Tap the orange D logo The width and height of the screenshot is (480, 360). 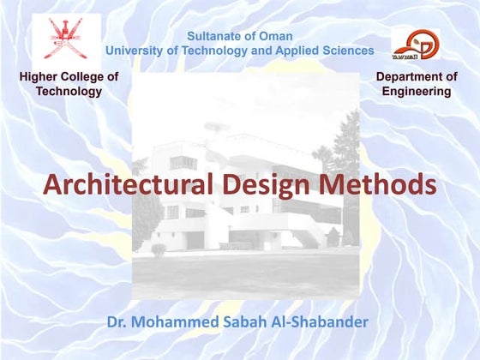pos(417,43)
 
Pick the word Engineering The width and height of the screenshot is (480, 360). pos(417,91)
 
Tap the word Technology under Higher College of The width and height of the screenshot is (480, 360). pos(69,91)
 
